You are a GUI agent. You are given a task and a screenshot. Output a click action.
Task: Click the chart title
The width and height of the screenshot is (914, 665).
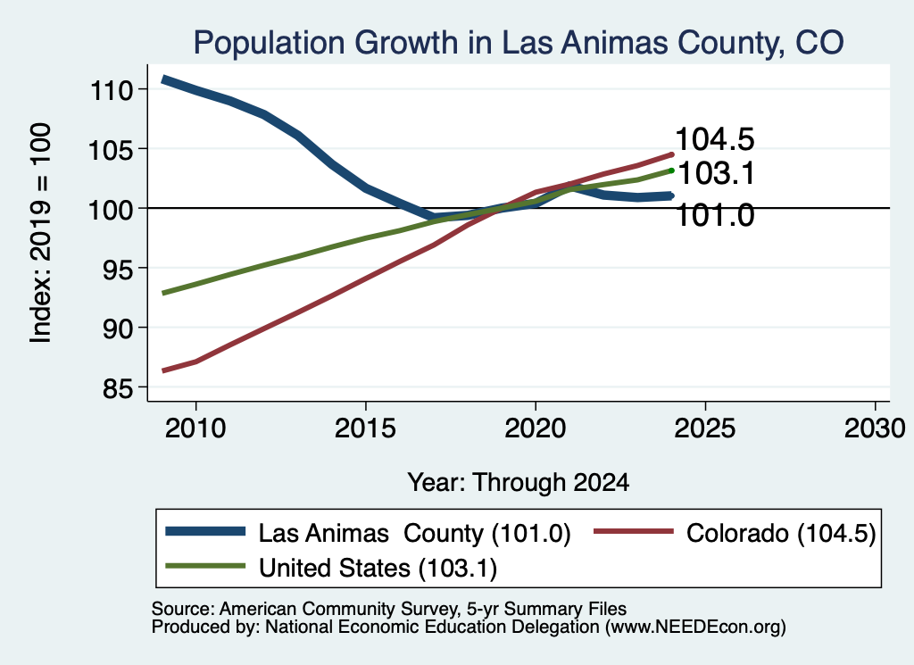(519, 43)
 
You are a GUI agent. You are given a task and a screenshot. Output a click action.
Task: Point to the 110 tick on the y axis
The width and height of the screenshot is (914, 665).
(112, 90)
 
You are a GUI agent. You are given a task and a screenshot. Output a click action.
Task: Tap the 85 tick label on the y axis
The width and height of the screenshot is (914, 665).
(117, 388)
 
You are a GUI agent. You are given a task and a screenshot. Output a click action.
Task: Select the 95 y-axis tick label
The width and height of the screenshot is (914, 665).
(117, 269)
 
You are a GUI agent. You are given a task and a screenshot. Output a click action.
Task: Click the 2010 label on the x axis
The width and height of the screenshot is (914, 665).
(195, 428)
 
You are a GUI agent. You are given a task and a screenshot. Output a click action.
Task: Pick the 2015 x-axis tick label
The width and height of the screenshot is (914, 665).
(365, 428)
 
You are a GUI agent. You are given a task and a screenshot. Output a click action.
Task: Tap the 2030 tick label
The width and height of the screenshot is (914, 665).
(875, 428)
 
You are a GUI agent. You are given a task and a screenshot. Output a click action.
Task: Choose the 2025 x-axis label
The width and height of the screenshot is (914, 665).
(705, 428)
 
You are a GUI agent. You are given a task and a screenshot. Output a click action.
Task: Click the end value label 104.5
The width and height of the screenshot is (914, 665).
(715, 139)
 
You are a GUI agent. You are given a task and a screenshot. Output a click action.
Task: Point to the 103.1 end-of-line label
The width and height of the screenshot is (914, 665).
(717, 173)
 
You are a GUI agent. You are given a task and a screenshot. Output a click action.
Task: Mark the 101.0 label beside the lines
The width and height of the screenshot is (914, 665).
(715, 215)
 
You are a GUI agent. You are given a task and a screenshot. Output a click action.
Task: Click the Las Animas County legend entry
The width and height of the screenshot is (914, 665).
(369, 533)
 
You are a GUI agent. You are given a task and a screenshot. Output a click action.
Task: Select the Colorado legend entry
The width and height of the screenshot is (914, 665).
(735, 533)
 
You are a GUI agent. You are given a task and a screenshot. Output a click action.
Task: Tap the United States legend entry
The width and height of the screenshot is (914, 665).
(331, 568)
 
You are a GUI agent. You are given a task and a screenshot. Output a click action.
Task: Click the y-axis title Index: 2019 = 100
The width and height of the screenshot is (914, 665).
(39, 233)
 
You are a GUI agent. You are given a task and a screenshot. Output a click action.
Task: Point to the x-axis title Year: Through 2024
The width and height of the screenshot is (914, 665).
(519, 483)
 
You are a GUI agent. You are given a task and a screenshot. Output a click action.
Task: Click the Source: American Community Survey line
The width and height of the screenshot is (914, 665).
(389, 609)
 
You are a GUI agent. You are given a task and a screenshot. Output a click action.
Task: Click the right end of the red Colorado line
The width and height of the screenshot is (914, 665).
(672, 154)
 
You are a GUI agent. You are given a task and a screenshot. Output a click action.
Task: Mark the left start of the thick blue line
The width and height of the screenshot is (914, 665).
(164, 79)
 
